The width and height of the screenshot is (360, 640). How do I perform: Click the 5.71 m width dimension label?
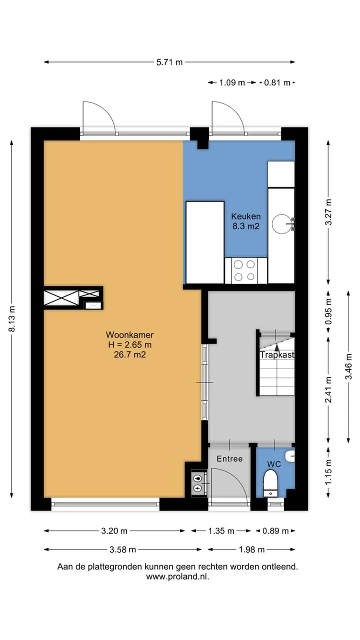pyautogui.click(x=169, y=62)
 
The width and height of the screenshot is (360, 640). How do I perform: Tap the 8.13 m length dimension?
pyautogui.click(x=12, y=319)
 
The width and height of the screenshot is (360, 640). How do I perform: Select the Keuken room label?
pyautogui.click(x=245, y=216)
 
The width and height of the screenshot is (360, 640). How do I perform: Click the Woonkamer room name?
pyautogui.click(x=129, y=334)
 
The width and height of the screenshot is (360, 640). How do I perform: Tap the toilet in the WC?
pyautogui.click(x=270, y=482)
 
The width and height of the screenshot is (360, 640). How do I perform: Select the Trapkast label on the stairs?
pyautogui.click(x=277, y=355)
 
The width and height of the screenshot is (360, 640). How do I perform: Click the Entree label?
pyautogui.click(x=229, y=458)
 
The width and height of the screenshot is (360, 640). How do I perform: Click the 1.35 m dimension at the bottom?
pyautogui.click(x=221, y=531)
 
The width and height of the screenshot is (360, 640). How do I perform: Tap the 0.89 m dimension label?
pyautogui.click(x=275, y=531)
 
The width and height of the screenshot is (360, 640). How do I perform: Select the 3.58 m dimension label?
pyautogui.click(x=123, y=549)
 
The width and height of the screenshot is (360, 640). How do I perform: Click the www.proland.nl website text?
pyautogui.click(x=177, y=576)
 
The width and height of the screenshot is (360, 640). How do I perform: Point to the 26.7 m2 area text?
pyautogui.click(x=129, y=354)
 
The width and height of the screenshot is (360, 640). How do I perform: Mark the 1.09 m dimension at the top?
pyautogui.click(x=232, y=83)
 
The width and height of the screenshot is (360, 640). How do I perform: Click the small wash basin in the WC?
pyautogui.click(x=290, y=456)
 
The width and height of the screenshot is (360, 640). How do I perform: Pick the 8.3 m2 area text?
pyautogui.click(x=245, y=226)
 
